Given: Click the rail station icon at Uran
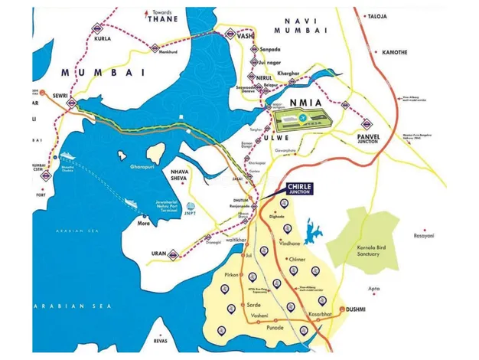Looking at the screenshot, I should coord(175,252).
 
